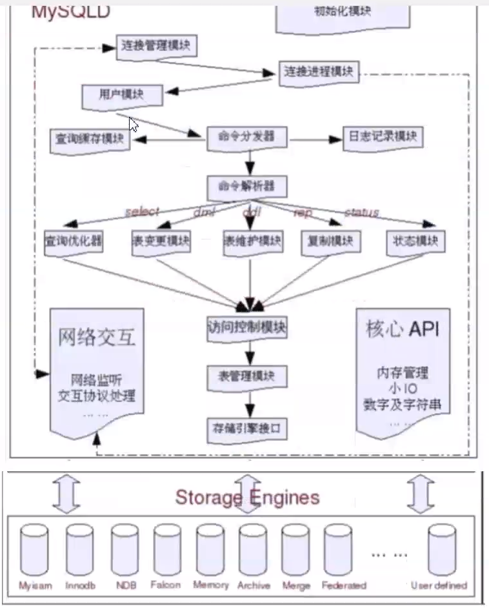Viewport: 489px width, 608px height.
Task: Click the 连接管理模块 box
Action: [x=157, y=46]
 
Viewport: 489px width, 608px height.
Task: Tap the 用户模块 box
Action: [x=121, y=96]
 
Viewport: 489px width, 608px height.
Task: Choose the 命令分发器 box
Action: [x=247, y=137]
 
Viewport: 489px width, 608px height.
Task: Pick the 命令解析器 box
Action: [x=247, y=187]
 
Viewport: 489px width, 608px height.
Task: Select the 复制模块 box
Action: [x=330, y=241]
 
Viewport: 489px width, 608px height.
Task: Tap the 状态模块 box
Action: [x=415, y=241]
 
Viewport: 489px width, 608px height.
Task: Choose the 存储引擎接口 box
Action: [x=247, y=427]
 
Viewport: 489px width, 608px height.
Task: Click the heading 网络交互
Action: [x=97, y=336]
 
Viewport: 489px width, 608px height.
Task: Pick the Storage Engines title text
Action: [x=247, y=497]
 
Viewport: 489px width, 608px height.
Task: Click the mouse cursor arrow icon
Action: [x=134, y=124]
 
